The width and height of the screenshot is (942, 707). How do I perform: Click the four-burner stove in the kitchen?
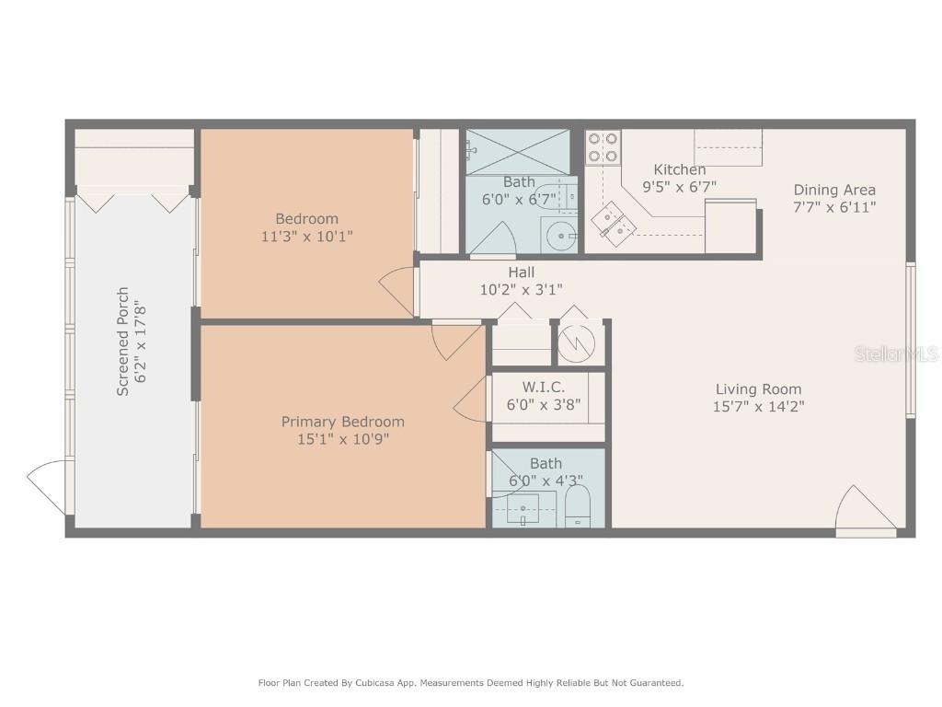(603, 147)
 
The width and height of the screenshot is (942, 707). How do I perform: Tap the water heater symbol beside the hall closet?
(578, 343)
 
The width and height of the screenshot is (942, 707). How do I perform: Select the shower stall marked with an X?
(520, 150)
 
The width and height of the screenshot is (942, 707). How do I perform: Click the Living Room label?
(758, 388)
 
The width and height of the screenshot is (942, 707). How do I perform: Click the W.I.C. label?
(543, 388)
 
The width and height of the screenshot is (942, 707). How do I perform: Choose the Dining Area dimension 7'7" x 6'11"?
(834, 207)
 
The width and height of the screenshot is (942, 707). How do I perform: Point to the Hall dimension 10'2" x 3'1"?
(521, 289)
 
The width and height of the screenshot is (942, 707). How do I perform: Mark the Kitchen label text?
(680, 169)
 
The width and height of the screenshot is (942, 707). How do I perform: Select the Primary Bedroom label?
(342, 422)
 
